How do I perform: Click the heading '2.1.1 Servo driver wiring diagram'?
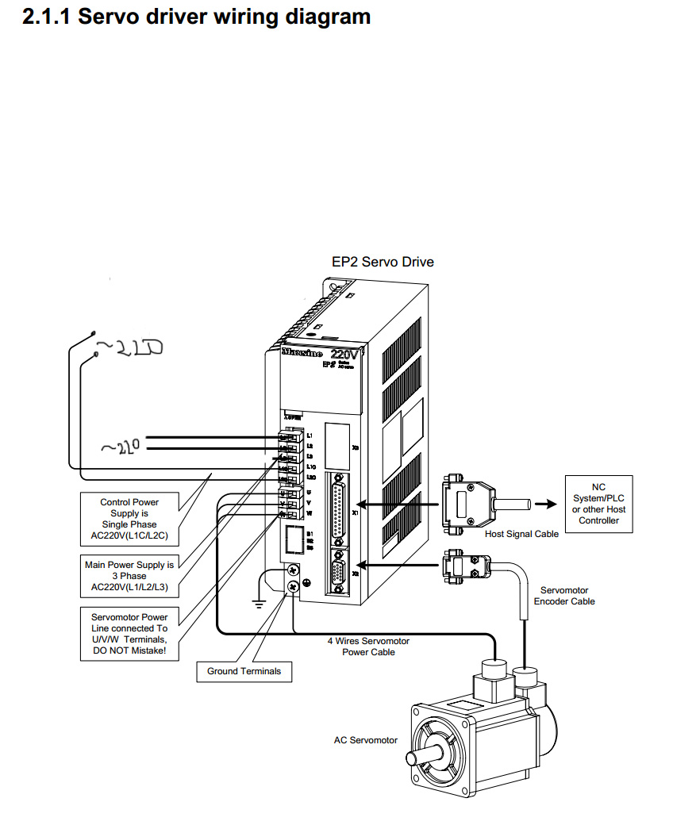[x=197, y=17]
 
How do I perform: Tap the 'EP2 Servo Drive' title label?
[x=383, y=262]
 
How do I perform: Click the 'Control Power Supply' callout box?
[x=129, y=519]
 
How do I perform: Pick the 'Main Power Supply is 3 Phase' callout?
[x=129, y=577]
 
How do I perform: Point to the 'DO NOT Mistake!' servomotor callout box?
[x=129, y=634]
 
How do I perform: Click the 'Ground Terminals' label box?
[x=244, y=671]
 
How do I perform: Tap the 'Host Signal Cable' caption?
[x=521, y=534]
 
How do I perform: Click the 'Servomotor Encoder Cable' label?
[x=563, y=596]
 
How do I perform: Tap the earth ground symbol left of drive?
[x=257, y=603]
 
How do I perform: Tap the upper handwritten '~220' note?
[x=129, y=347]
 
